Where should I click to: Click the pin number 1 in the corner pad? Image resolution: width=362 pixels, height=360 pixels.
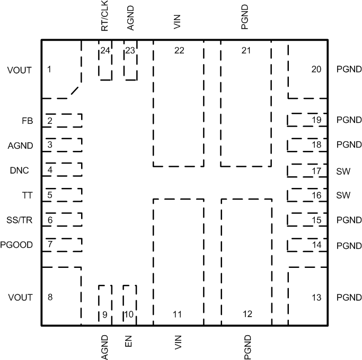(49, 69)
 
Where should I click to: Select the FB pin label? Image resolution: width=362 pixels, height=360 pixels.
(27, 121)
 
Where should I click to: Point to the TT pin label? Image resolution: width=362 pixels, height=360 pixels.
(27, 195)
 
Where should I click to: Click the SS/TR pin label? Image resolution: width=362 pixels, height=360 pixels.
(23, 220)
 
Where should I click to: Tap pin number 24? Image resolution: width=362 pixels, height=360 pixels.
(105, 51)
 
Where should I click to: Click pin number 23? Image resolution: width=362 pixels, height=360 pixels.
(130, 51)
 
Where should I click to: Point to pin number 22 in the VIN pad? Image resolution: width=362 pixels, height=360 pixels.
(179, 51)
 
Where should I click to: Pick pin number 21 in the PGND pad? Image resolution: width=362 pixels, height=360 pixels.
(246, 51)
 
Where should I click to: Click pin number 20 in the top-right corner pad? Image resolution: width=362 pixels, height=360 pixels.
(316, 69)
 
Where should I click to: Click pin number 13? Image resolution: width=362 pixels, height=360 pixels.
(316, 298)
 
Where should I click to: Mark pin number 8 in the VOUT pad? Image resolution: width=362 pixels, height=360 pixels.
(49, 298)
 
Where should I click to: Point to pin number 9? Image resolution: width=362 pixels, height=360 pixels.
(105, 314)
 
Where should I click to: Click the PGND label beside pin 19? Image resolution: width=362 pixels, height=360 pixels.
(349, 121)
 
